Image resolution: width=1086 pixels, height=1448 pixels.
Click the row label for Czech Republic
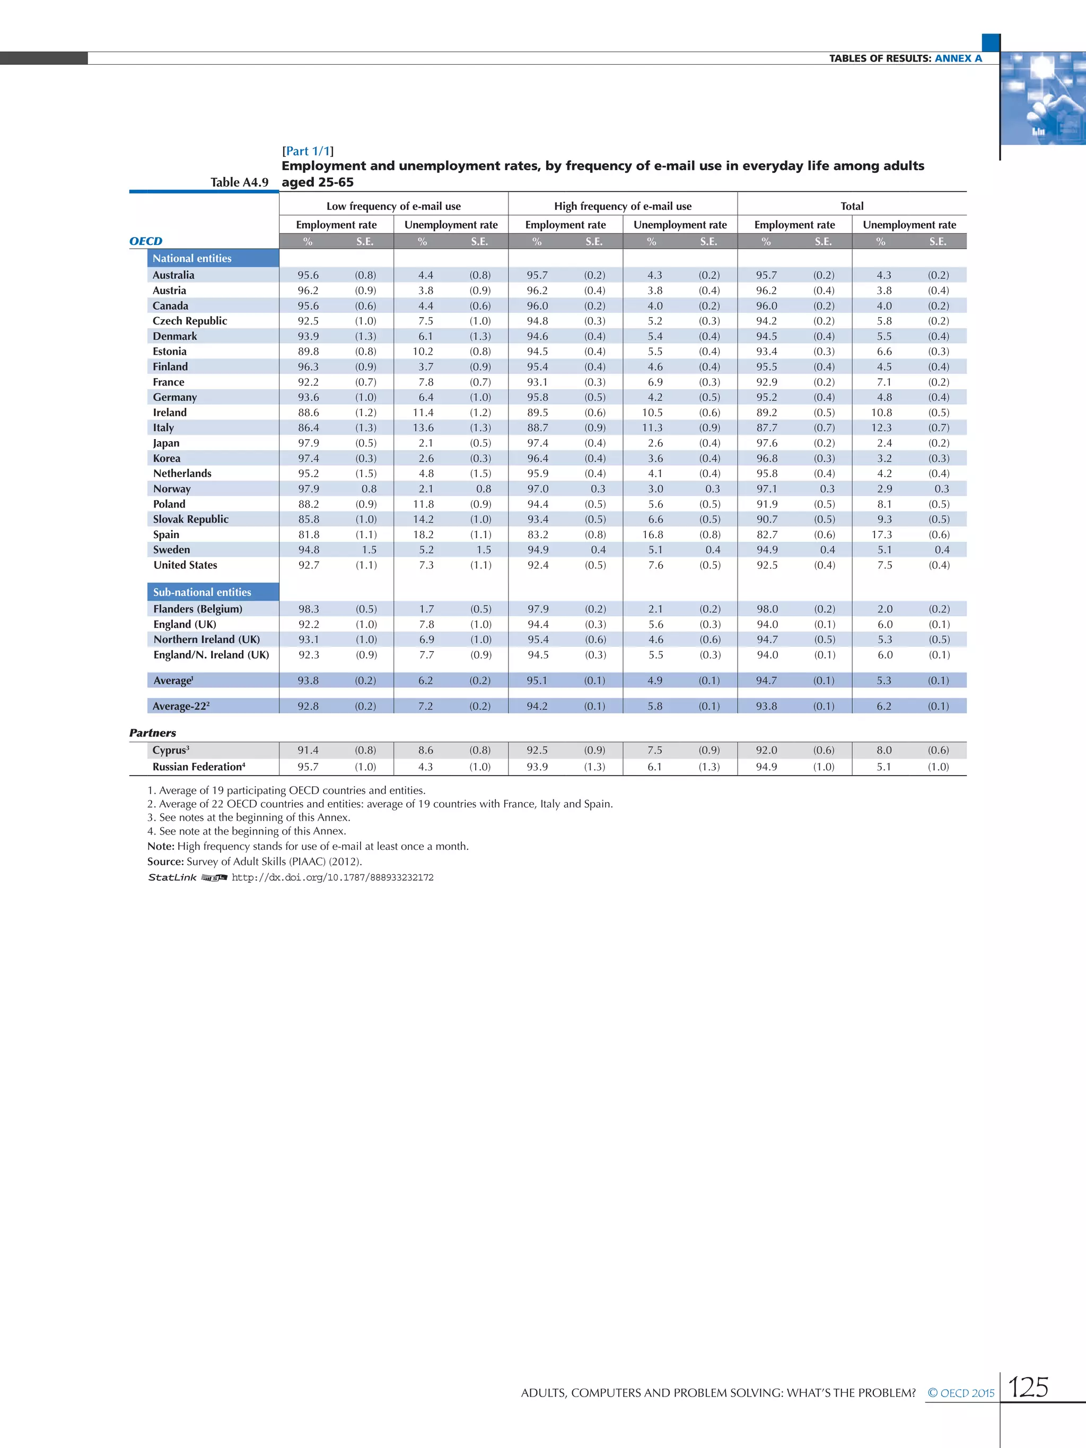pyautogui.click(x=190, y=321)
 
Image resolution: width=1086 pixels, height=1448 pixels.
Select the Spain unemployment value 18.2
pyautogui.click(x=424, y=534)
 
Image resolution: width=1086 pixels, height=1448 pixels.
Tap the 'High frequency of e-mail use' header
pyautogui.click(x=623, y=206)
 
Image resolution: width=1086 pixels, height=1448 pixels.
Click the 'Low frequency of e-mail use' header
pyautogui.click(x=393, y=206)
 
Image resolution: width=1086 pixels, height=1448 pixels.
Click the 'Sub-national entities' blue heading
pyautogui.click(x=202, y=592)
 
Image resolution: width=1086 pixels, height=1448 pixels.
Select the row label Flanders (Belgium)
pyautogui.click(x=198, y=609)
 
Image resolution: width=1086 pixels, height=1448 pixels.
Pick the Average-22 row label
pyautogui.click(x=181, y=706)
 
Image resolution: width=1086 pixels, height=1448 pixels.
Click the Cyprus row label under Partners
pyautogui.click(x=171, y=750)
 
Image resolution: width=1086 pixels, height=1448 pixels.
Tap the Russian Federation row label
pyautogui.click(x=198, y=767)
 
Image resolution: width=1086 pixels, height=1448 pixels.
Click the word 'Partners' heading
pyautogui.click(x=153, y=733)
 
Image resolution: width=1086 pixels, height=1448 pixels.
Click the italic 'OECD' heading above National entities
pyautogui.click(x=145, y=241)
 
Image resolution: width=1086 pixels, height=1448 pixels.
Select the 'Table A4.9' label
pyautogui.click(x=239, y=182)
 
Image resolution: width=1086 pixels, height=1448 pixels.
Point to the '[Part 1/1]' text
pyautogui.click(x=308, y=151)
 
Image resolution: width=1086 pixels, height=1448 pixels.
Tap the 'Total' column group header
pyautogui.click(x=852, y=206)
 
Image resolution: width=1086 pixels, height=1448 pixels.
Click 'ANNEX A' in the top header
pyautogui.click(x=958, y=58)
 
